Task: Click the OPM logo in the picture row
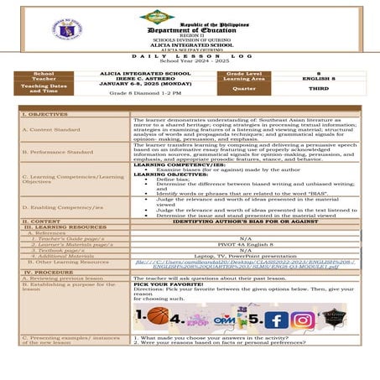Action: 223,317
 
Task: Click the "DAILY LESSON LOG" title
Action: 190,59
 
